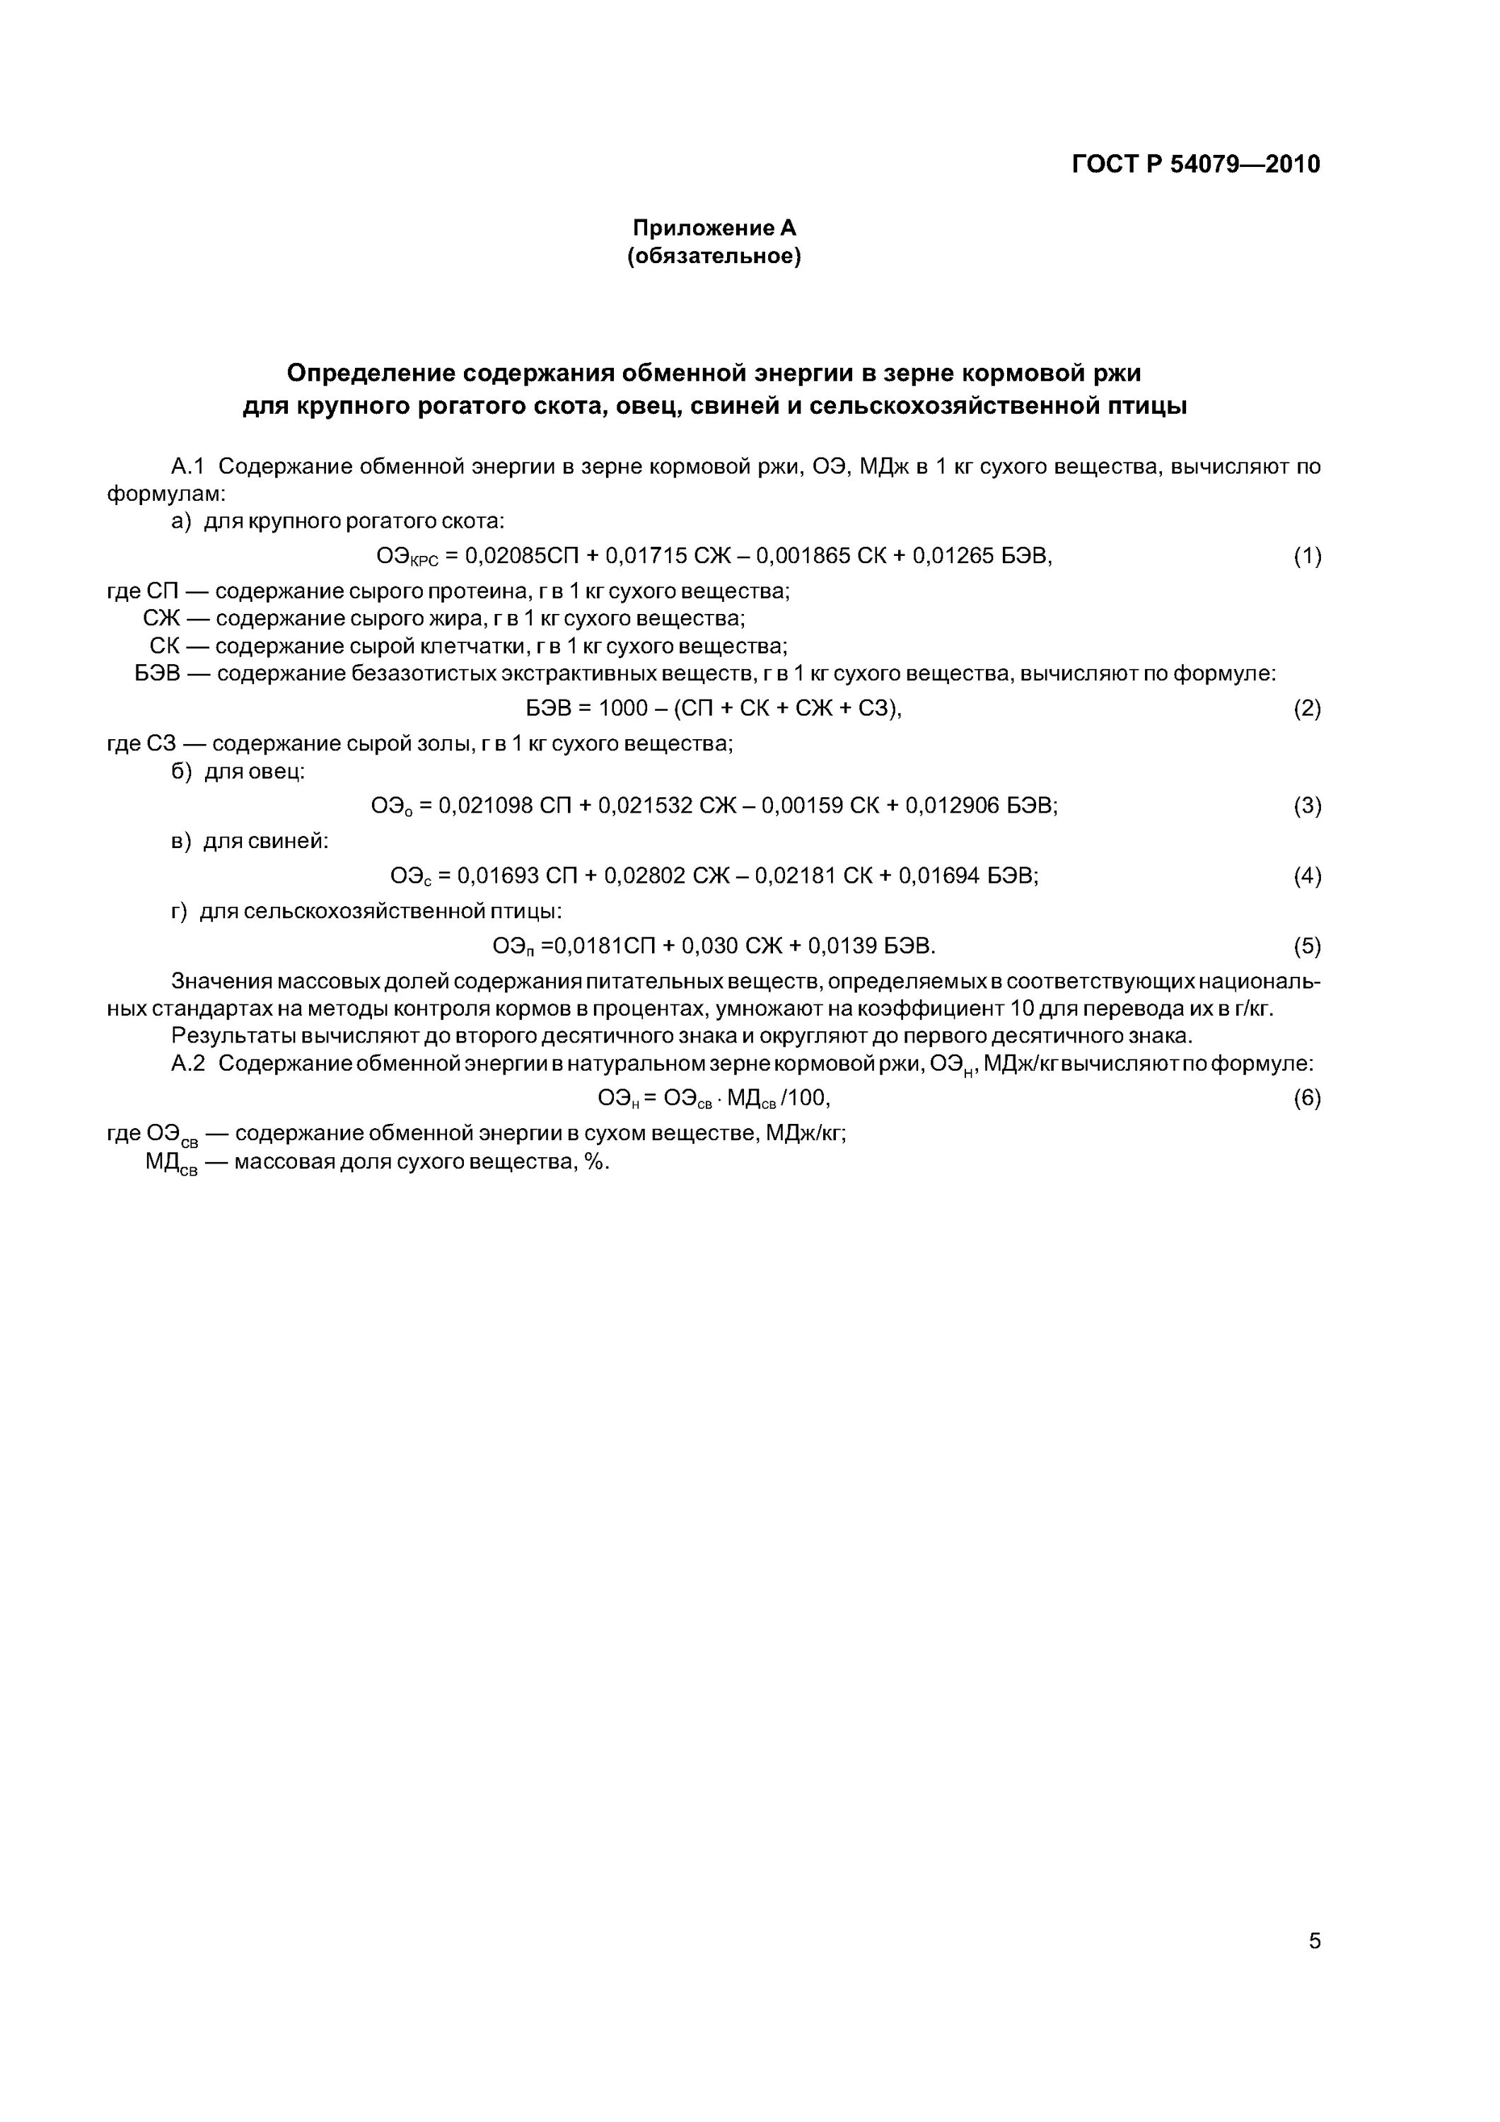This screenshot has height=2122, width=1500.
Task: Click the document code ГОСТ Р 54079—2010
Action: tap(1195, 165)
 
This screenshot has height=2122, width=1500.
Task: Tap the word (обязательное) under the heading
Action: tap(714, 256)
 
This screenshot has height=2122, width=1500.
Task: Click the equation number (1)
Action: tap(1307, 557)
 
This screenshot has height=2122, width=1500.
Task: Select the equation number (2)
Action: tap(1307, 709)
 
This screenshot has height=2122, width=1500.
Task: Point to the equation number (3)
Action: tap(1307, 806)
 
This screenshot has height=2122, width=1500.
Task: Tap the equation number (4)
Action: tap(1307, 876)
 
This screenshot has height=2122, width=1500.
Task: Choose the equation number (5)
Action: tap(1307, 946)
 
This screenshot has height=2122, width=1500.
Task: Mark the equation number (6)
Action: tap(1307, 1098)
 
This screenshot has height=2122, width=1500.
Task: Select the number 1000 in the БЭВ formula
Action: tap(623, 709)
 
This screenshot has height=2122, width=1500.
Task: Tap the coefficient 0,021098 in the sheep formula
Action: tap(485, 806)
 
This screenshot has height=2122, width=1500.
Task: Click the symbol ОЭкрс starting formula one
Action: tap(407, 557)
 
